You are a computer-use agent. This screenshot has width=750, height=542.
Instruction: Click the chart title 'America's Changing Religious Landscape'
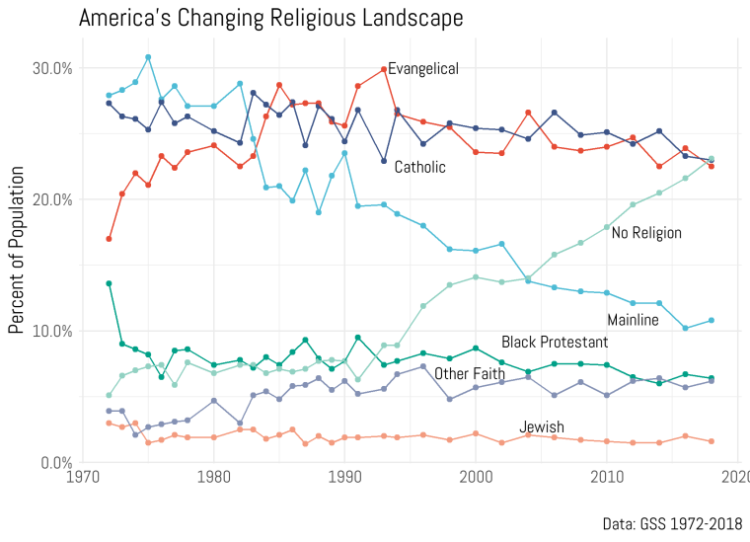270,18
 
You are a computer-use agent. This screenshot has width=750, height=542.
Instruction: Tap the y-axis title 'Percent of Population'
16,250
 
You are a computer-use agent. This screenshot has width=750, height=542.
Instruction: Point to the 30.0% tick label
52,68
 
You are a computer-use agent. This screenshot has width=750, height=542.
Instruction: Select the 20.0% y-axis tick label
52,199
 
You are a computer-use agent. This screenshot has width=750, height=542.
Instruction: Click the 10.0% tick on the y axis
52,331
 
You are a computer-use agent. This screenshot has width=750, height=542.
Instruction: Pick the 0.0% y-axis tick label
56,463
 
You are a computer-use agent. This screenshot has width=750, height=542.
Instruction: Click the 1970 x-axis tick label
83,477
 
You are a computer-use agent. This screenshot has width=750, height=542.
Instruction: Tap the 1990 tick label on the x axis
344,477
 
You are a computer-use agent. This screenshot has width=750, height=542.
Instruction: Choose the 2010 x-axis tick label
607,477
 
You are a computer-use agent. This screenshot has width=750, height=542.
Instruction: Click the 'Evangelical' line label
422,69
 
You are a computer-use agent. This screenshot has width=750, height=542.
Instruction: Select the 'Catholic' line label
420,167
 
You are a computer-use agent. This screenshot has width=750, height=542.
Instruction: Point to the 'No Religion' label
646,233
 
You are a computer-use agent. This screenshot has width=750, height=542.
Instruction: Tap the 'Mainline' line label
633,320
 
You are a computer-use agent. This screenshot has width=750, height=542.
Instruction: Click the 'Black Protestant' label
555,342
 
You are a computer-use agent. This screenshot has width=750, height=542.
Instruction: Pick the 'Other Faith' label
470,373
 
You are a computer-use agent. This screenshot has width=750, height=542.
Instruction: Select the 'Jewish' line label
542,426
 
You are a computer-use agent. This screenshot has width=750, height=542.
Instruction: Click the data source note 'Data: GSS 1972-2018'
672,524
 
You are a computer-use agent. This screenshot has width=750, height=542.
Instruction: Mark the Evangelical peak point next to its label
384,69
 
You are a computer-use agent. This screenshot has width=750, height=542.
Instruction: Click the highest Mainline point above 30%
148,57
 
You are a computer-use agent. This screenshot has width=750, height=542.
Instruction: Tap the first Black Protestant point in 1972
110,283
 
